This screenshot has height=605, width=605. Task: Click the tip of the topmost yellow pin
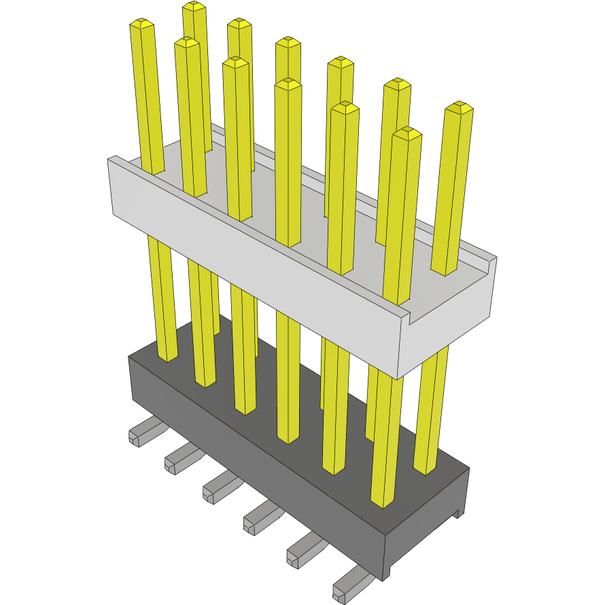pyautogui.click(x=194, y=6)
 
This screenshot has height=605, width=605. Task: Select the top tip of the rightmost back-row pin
pyautogui.click(x=459, y=107)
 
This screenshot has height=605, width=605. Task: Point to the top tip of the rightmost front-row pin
pyautogui.click(x=407, y=133)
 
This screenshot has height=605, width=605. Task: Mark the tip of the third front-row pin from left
pyautogui.click(x=235, y=63)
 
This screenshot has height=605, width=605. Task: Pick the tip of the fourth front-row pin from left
pyautogui.click(x=288, y=84)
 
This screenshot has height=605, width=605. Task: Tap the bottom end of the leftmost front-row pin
pyautogui.click(x=167, y=356)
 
